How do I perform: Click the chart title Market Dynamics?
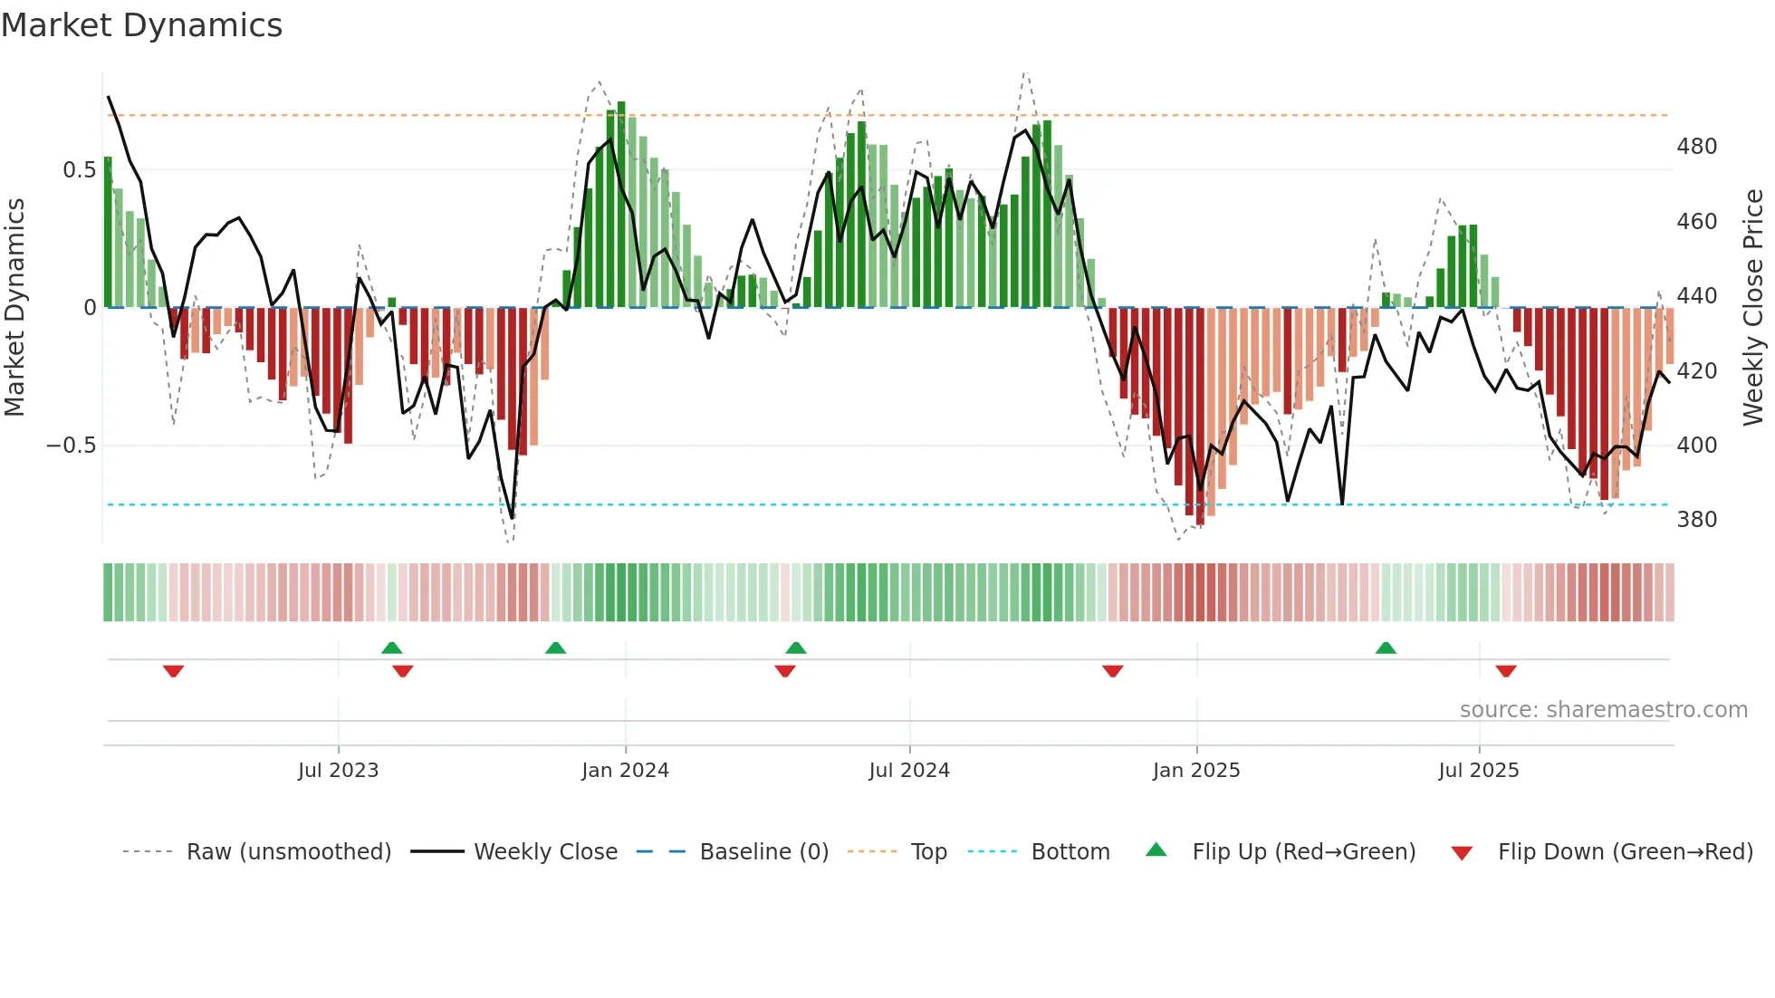(x=141, y=25)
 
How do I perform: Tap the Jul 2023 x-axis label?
(x=338, y=771)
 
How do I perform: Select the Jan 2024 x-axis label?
(x=625, y=771)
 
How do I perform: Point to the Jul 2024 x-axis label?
(x=909, y=771)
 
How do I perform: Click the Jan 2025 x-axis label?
(x=1196, y=771)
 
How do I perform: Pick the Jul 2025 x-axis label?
(x=1479, y=771)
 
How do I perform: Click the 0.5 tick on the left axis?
(x=80, y=170)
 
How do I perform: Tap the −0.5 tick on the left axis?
(x=72, y=446)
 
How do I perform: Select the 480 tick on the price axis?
(x=1697, y=147)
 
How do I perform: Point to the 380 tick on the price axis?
(x=1697, y=520)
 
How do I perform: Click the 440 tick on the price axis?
(x=1697, y=296)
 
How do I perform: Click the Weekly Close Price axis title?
(x=1754, y=308)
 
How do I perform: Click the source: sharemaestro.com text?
(x=1603, y=710)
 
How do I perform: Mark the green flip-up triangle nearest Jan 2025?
(x=1386, y=648)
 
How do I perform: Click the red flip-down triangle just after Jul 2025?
(x=1506, y=671)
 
